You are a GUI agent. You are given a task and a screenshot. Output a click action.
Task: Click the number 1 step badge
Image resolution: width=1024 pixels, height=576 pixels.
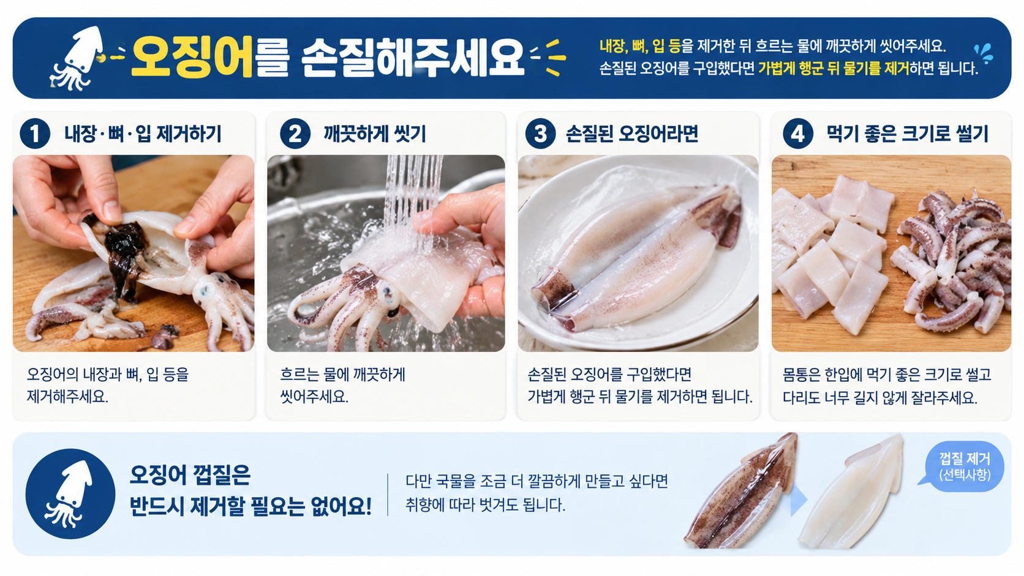click(x=35, y=134)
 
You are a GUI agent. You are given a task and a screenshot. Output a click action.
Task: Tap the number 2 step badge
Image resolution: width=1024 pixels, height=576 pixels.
click(x=295, y=134)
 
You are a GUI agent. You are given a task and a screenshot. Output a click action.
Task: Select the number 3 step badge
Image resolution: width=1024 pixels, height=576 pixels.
click(x=540, y=134)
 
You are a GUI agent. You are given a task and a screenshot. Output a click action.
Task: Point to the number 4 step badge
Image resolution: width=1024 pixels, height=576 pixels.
click(x=798, y=134)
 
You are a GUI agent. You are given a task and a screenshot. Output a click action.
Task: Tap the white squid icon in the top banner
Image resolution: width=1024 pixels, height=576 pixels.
click(x=76, y=58)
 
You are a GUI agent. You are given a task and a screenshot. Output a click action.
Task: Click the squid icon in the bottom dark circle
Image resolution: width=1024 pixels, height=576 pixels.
click(x=69, y=494)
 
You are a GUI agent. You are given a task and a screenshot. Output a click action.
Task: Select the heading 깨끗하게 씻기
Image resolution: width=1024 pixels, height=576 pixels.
click(x=374, y=134)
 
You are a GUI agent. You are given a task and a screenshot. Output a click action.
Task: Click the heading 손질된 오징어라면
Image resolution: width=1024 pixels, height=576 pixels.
click(x=632, y=134)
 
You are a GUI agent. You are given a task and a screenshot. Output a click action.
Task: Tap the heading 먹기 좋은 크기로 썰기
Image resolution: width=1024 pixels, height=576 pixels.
click(x=908, y=134)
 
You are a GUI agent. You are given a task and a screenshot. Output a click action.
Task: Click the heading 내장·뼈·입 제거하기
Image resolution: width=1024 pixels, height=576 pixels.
click(x=143, y=134)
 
